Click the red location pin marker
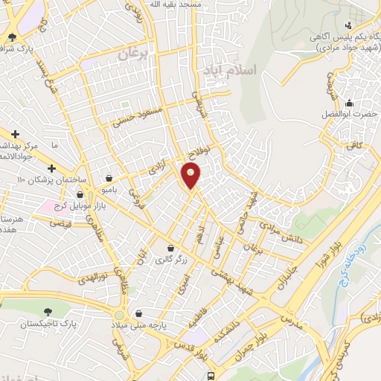(x=191, y=176)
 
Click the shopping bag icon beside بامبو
(x=110, y=179)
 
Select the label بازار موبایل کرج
(x=74, y=205)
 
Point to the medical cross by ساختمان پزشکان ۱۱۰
(x=51, y=168)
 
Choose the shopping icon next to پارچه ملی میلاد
(x=135, y=313)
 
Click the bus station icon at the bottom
(x=211, y=376)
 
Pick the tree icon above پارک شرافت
(x=11, y=36)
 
